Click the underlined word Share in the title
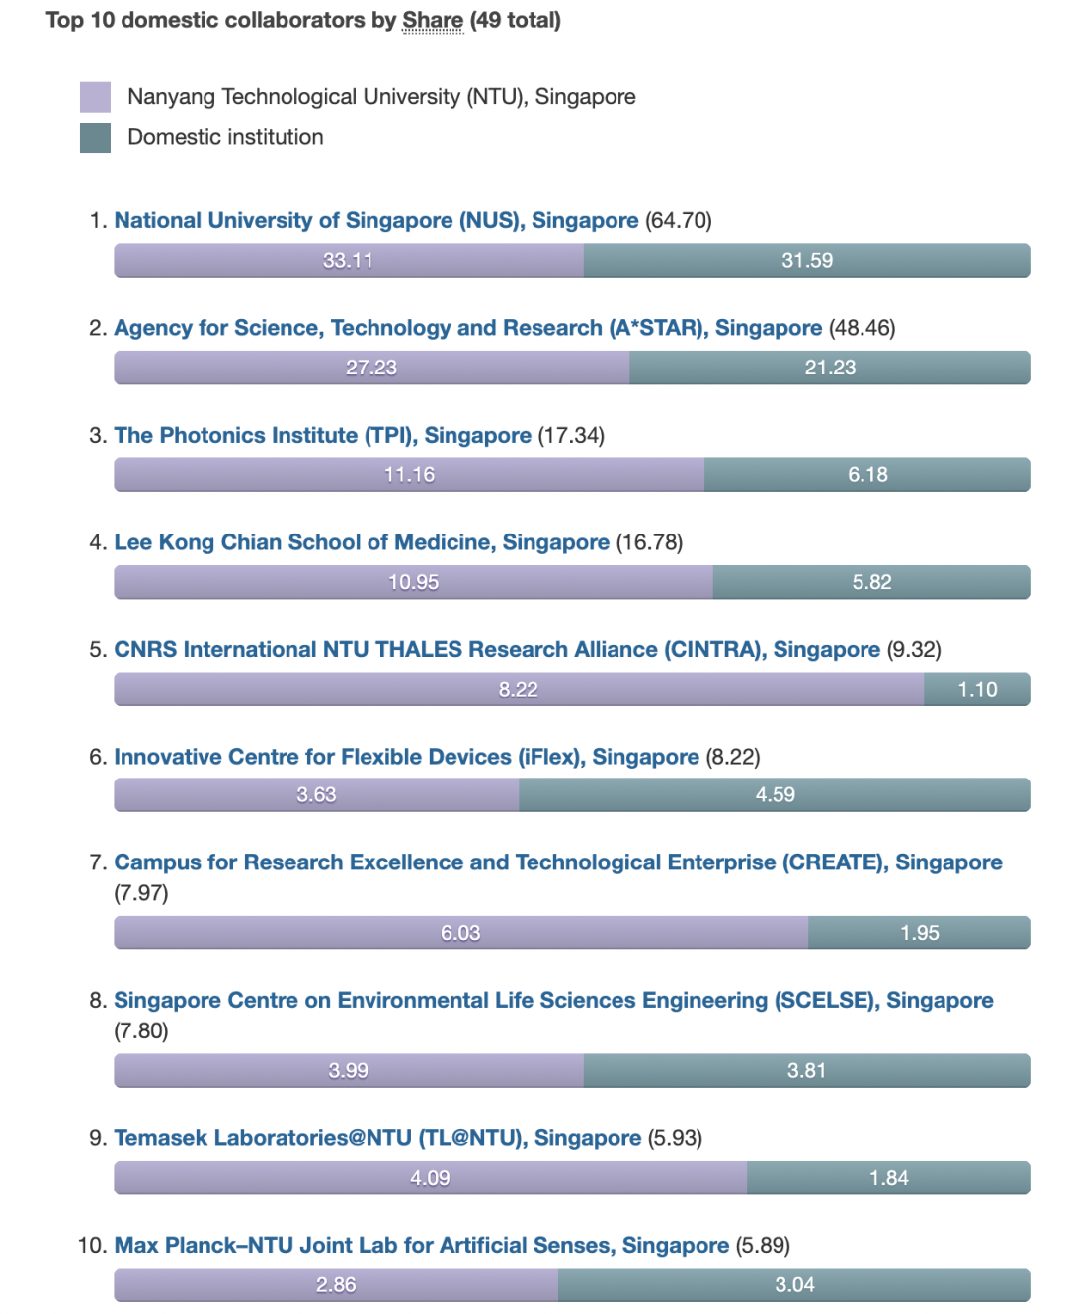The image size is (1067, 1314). click(x=433, y=21)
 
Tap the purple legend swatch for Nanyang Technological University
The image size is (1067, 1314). click(x=95, y=97)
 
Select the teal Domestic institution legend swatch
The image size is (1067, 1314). click(x=95, y=137)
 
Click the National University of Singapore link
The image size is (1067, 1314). click(x=376, y=220)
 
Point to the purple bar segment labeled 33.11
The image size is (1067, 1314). click(x=349, y=261)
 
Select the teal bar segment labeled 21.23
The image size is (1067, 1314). click(x=830, y=368)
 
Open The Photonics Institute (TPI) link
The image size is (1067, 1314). click(x=322, y=435)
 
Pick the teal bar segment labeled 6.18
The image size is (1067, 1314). click(x=867, y=475)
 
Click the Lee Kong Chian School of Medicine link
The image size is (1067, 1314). click(x=362, y=542)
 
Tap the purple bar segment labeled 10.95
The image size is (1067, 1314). click(x=413, y=582)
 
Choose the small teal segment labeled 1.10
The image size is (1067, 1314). click(x=977, y=690)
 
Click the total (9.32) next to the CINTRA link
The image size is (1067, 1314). click(x=914, y=650)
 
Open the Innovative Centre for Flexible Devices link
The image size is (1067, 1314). click(x=406, y=757)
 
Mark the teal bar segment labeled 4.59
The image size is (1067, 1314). click(x=775, y=795)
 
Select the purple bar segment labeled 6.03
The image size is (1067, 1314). click(x=460, y=933)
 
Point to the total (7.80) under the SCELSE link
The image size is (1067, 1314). click(x=141, y=1031)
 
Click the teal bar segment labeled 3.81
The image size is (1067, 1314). click(x=806, y=1071)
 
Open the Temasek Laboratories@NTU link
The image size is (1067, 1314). click(x=377, y=1138)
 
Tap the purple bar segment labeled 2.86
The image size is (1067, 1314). click(x=336, y=1285)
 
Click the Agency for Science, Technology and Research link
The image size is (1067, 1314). click(x=467, y=328)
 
